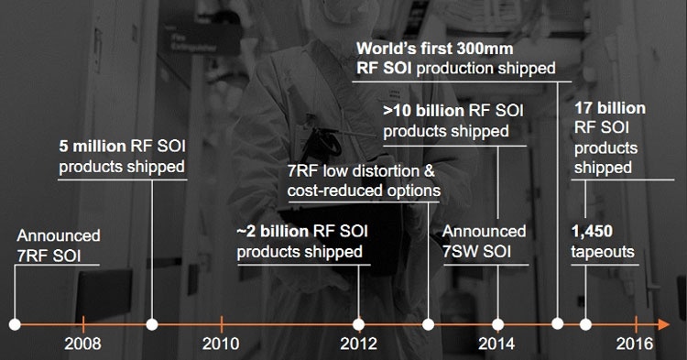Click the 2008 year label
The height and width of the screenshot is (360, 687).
click(x=83, y=344)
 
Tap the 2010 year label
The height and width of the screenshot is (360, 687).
click(x=221, y=344)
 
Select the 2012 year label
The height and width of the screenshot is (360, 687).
click(x=359, y=344)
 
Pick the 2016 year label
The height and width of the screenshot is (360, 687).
click(x=634, y=344)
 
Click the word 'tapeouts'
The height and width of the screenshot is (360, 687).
click(x=604, y=251)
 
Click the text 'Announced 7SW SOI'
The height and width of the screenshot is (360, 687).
click(x=484, y=242)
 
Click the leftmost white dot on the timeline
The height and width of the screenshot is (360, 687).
click(x=15, y=324)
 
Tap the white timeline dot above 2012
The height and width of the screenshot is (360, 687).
click(x=359, y=324)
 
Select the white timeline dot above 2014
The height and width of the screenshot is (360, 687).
click(x=497, y=324)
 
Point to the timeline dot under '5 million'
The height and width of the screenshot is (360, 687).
click(x=152, y=324)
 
